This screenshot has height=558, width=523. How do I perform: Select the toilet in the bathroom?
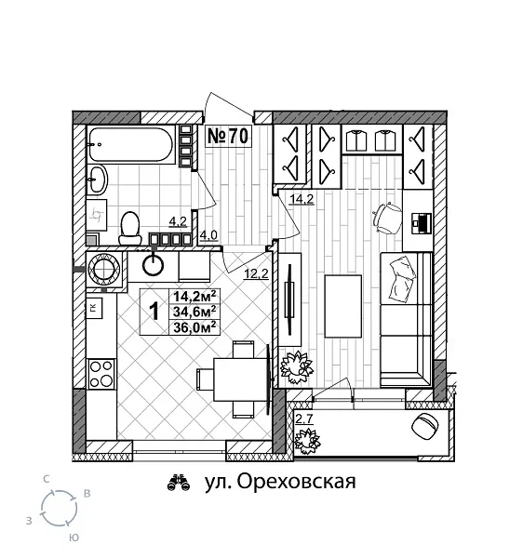(130, 224)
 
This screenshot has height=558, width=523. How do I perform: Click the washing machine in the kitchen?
(104, 270)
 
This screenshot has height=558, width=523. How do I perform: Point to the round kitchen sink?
(153, 267)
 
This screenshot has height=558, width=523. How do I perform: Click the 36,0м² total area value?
(194, 325)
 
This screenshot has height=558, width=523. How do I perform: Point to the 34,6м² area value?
(194, 311)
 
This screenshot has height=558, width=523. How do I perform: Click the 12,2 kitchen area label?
(256, 274)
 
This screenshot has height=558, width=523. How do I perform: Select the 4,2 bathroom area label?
(177, 221)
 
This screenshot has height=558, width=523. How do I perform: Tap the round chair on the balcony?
(425, 429)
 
